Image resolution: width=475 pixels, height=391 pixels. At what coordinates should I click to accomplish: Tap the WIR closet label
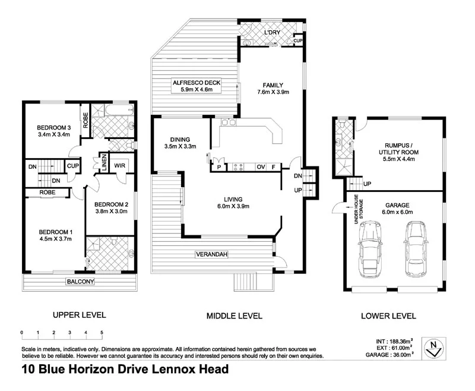[x=119, y=166]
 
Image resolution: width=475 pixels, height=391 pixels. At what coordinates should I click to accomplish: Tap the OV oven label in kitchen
[x=259, y=168]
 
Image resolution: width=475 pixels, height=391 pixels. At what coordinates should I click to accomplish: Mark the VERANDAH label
[x=211, y=254]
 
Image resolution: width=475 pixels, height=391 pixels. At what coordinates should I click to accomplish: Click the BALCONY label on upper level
[x=81, y=282]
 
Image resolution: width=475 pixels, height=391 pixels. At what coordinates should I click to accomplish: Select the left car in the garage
[x=370, y=249]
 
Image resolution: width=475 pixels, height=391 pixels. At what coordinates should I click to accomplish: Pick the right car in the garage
[x=416, y=249]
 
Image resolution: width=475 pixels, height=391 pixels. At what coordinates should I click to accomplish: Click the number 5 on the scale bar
[x=102, y=332]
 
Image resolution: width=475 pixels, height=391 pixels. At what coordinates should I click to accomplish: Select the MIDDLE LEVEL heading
[x=234, y=316]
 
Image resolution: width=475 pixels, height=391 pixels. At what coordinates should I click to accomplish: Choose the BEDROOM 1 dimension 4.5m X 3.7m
[x=55, y=239]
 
